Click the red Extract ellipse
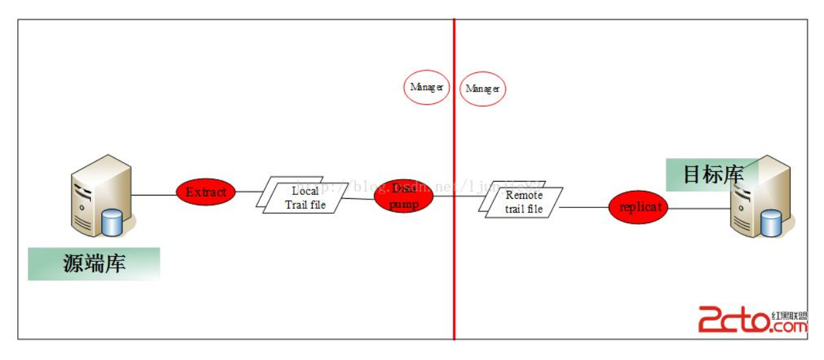pos(205,192)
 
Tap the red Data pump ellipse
pos(404,196)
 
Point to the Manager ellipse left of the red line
pos(426,87)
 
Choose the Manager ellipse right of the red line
pos(482,88)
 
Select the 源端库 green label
pos(93,264)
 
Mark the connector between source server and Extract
pos(154,194)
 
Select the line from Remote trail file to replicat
pos(583,207)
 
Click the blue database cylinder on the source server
pos(112,222)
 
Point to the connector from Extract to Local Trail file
pos(249,192)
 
